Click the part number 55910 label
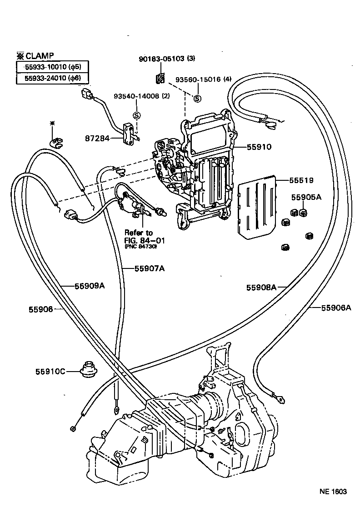[259, 147]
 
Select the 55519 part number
[301, 180]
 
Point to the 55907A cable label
[150, 268]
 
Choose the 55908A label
[261, 287]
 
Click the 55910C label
[50, 371]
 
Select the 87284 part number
[97, 138]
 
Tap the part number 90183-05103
[162, 59]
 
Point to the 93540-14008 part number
[135, 96]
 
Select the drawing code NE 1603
[333, 491]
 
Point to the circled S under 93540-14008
[136, 115]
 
